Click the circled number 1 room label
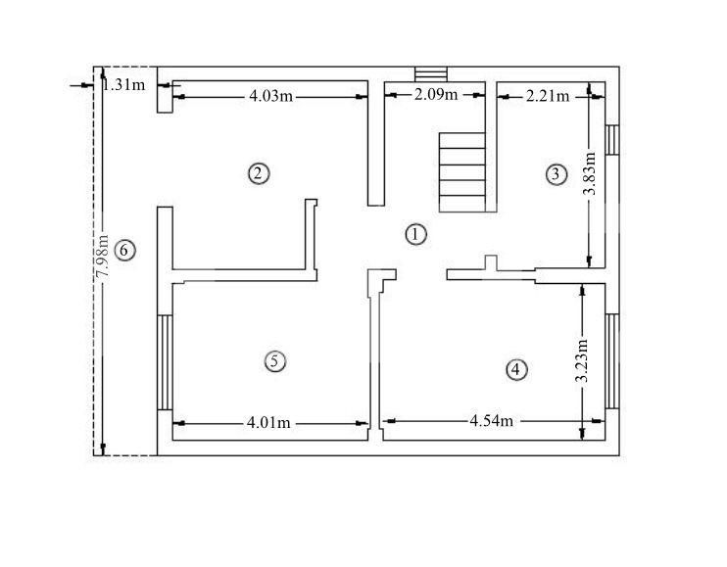tap(417, 234)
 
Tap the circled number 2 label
tap(258, 173)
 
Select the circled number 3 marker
tap(556, 174)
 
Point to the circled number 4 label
tap(516, 369)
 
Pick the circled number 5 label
tap(275, 360)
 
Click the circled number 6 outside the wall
tap(123, 250)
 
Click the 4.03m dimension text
tap(269, 96)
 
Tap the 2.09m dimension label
tap(436, 95)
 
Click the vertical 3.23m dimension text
tap(582, 360)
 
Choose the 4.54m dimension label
tap(490, 421)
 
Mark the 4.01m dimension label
tap(269, 423)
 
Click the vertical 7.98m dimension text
tap(102, 259)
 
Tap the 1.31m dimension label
tap(123, 84)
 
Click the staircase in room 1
tap(461, 170)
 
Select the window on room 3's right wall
tap(612, 138)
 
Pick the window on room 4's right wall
tap(612, 360)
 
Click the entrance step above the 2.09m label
tap(430, 75)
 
